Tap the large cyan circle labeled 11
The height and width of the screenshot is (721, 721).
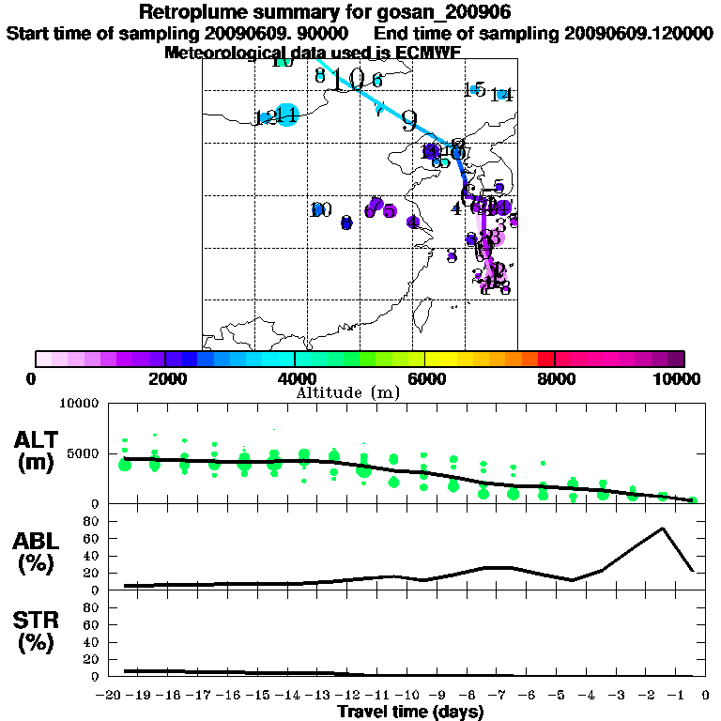[x=287, y=115]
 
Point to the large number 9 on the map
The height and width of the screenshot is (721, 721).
[x=408, y=120]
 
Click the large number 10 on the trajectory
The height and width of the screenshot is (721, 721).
[x=346, y=79]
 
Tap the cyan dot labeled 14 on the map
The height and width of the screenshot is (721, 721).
[x=502, y=94]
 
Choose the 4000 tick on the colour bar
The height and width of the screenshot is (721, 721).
[x=295, y=359]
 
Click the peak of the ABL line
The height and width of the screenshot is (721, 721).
[x=663, y=528]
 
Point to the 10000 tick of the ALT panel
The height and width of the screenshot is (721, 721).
[x=80, y=404]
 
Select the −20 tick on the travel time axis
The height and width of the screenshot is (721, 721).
[x=112, y=695]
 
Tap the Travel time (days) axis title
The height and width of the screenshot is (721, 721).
[x=410, y=712]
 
